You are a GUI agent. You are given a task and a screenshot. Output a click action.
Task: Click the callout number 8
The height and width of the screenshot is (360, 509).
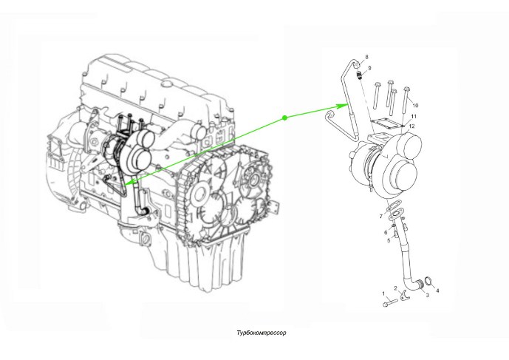point(367,58)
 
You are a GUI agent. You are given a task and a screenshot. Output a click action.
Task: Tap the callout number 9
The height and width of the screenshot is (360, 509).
point(369,68)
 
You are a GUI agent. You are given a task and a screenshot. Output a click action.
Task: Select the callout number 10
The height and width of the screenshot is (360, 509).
point(415,106)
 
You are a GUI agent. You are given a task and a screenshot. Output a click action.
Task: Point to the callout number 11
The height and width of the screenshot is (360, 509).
point(414,117)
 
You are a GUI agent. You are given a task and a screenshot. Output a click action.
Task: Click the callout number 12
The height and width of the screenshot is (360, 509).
point(412,126)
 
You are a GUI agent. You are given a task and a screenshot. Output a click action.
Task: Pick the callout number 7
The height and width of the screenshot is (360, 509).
point(381,216)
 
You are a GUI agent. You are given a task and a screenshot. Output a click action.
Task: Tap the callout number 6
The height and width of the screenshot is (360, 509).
point(386,232)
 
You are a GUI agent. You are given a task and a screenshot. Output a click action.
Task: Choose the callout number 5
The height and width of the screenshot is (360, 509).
point(388,240)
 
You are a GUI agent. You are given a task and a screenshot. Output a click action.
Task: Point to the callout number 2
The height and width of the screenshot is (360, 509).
point(396,288)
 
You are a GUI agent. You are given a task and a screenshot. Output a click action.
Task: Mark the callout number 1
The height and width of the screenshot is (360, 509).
point(383,294)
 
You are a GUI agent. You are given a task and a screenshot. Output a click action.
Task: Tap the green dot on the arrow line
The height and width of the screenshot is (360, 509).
point(284,118)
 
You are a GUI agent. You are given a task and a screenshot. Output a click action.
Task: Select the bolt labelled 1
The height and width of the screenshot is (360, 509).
point(390,302)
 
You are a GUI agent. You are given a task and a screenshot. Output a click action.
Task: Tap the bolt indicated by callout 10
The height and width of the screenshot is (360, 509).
point(405,97)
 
